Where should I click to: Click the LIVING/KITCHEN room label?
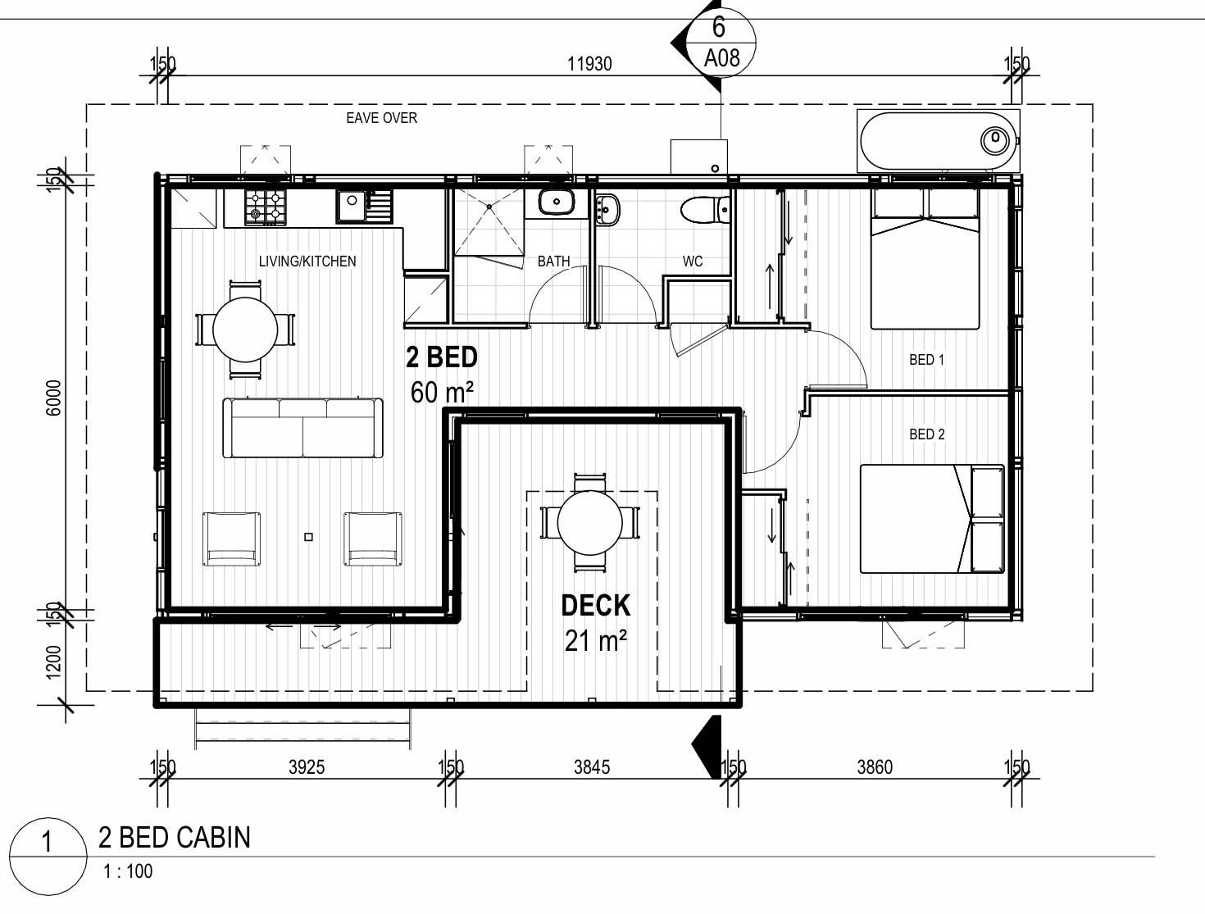pyautogui.click(x=307, y=261)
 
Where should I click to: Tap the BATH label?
pyautogui.click(x=553, y=261)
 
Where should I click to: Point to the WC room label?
pyautogui.click(x=692, y=261)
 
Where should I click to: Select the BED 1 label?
pyautogui.click(x=926, y=360)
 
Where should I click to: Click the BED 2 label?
pyautogui.click(x=926, y=434)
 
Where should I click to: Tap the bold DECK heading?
pyautogui.click(x=596, y=606)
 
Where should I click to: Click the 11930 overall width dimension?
pyautogui.click(x=589, y=64)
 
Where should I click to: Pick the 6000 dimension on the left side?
pyautogui.click(x=54, y=398)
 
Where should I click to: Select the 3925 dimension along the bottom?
pyautogui.click(x=307, y=767)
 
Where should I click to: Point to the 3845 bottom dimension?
pyautogui.click(x=592, y=767)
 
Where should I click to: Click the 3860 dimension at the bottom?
pyautogui.click(x=875, y=767)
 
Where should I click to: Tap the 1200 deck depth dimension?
pyautogui.click(x=54, y=662)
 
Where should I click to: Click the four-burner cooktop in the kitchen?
pyautogui.click(x=265, y=207)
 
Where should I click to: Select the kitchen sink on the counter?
pyautogui.click(x=365, y=205)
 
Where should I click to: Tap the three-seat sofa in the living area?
pyautogui.click(x=303, y=428)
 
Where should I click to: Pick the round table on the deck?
pyautogui.click(x=589, y=523)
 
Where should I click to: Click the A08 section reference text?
pyautogui.click(x=721, y=57)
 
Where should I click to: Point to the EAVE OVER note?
pyautogui.click(x=381, y=118)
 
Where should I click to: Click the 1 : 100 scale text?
pyautogui.click(x=128, y=871)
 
